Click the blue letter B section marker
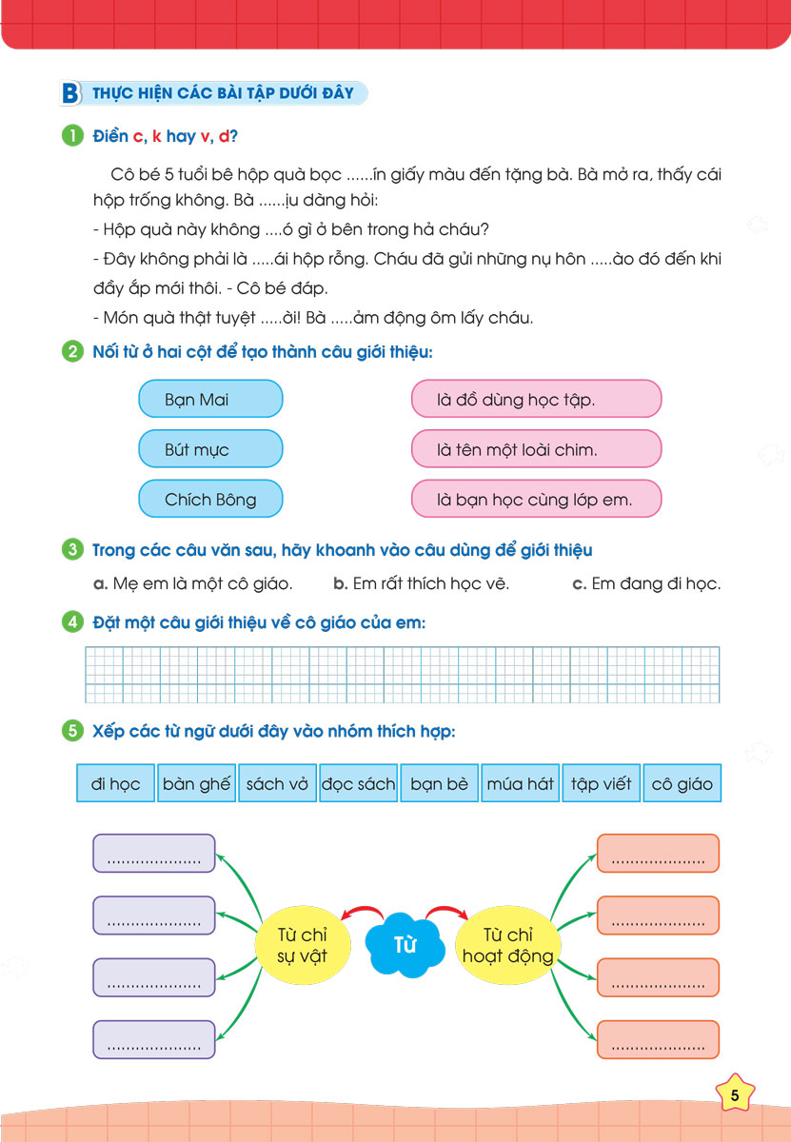click(69, 93)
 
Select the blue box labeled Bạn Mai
click(210, 399)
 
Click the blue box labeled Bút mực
click(210, 449)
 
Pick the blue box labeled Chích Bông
click(210, 499)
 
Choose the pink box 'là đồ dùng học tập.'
click(536, 399)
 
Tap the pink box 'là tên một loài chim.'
click(536, 449)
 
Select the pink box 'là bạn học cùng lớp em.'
click(536, 499)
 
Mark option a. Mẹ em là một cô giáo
click(192, 583)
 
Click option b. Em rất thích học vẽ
click(421, 583)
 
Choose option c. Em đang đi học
click(646, 583)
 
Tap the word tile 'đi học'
click(115, 784)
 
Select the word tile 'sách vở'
click(277, 784)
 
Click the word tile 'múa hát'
click(520, 784)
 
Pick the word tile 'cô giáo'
click(682, 784)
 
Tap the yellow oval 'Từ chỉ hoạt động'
click(507, 945)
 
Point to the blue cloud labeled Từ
click(405, 945)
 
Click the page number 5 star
click(735, 1095)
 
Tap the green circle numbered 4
click(71, 623)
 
